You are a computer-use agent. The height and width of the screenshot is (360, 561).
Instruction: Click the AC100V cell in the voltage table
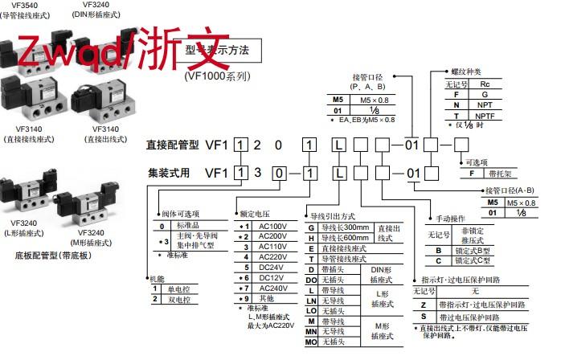pyautogui.click(x=265, y=225)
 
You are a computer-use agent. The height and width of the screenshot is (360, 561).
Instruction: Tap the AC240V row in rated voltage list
pyautogui.click(x=265, y=288)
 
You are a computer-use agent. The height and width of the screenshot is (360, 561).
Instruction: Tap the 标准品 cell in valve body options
pyautogui.click(x=189, y=227)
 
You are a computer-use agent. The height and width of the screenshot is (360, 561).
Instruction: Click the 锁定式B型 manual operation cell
pyautogui.click(x=468, y=250)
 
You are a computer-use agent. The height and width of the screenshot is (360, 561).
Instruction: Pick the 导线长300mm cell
pyautogui.click(x=342, y=228)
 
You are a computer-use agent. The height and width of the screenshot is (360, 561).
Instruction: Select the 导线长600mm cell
pyautogui.click(x=342, y=239)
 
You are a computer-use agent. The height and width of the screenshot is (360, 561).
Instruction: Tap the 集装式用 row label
pyautogui.click(x=172, y=172)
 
